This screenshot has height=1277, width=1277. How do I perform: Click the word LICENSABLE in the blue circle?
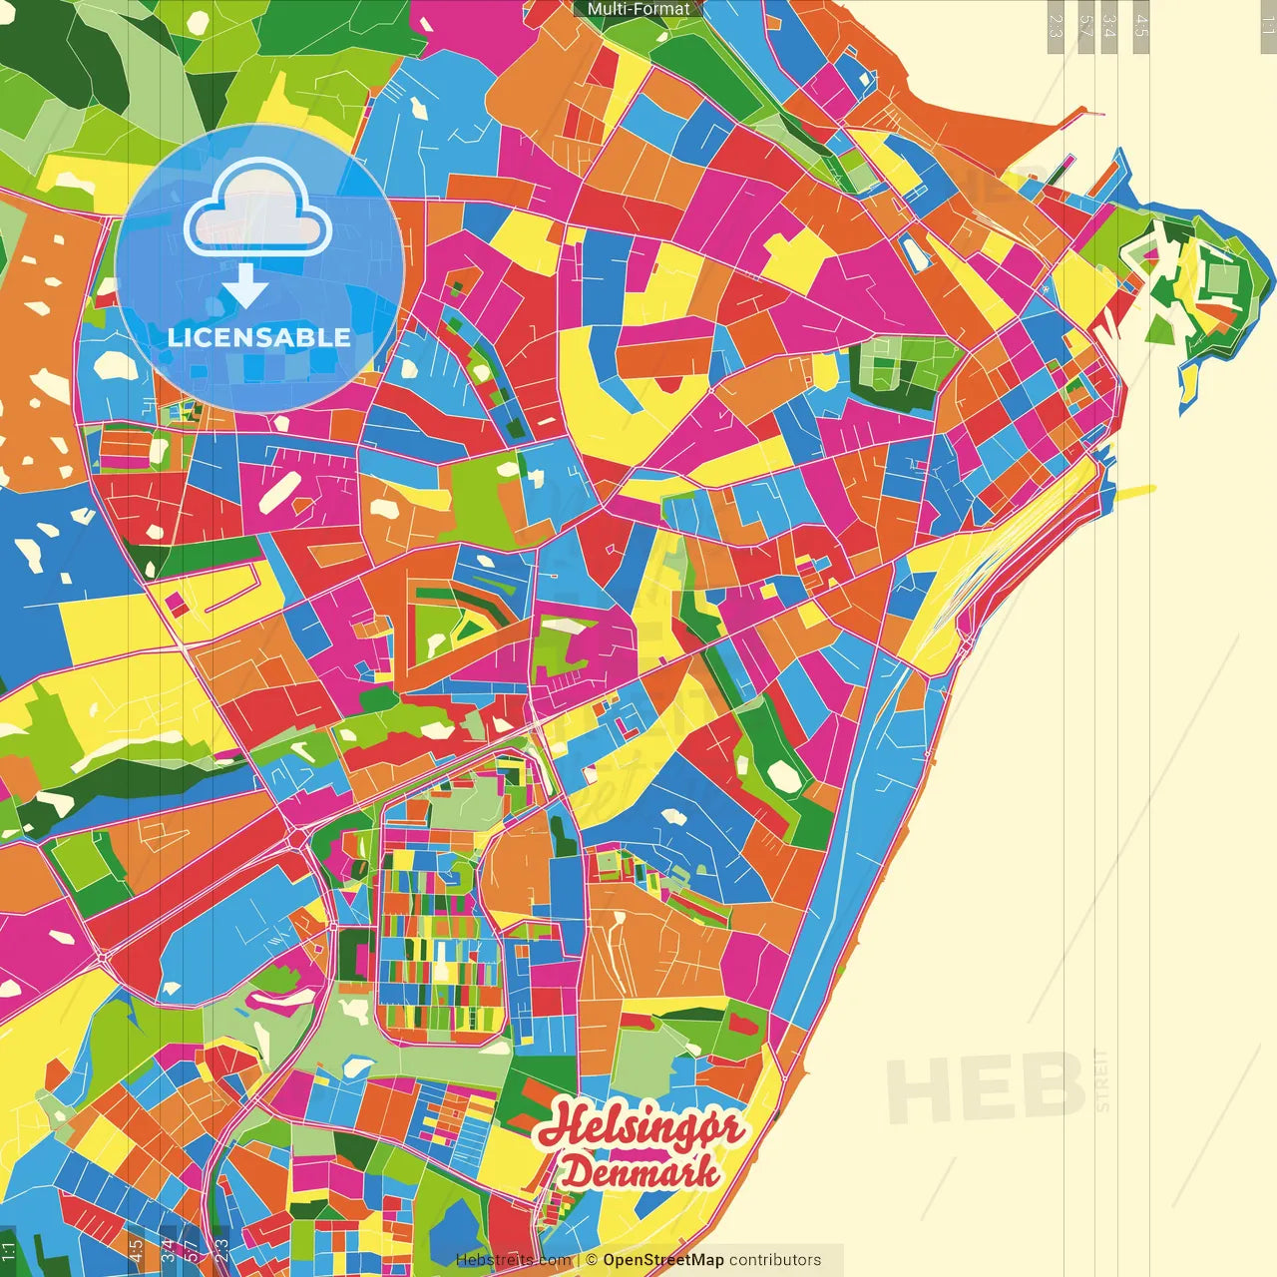(x=258, y=337)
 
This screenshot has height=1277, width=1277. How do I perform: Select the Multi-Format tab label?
(x=638, y=9)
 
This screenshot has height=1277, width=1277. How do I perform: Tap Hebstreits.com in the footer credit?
(x=513, y=1260)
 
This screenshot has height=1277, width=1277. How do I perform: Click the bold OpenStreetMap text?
(x=662, y=1260)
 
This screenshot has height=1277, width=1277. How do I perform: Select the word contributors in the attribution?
(x=775, y=1260)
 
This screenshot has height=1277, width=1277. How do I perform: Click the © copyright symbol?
(x=591, y=1260)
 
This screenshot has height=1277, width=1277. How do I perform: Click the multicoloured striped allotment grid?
(x=439, y=938)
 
